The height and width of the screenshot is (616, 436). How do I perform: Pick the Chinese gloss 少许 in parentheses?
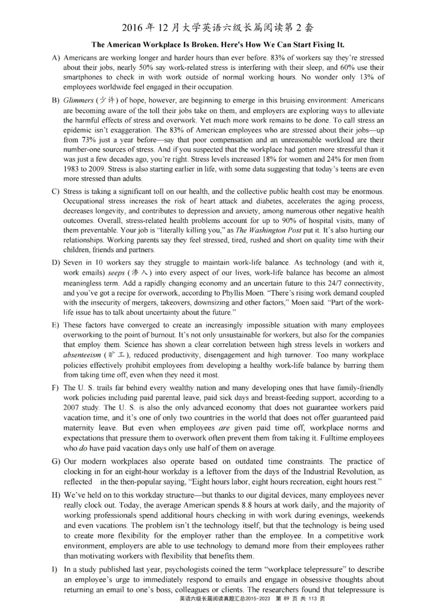click(107, 101)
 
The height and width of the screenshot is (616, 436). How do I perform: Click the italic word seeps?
click(119, 272)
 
